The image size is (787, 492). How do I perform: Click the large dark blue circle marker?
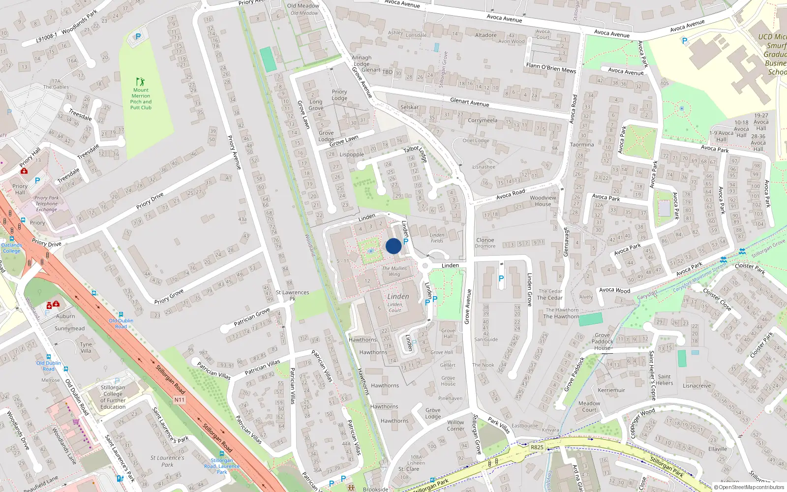393,246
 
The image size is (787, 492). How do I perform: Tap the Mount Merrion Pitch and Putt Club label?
141,99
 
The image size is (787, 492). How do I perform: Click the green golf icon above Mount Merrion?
141,82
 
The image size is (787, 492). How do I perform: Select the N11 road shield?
180,400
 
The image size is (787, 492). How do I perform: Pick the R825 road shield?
537,447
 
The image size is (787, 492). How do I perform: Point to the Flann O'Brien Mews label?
551,68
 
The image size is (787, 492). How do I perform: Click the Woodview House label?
543,201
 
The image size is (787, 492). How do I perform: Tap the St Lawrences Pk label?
292,295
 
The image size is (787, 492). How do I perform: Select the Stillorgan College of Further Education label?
113,397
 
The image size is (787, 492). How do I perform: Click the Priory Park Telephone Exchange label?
46,204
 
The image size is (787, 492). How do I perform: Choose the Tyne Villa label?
86,347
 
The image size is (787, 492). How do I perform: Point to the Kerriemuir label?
611,390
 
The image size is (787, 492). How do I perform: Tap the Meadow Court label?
589,406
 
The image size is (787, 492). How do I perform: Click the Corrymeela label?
483,120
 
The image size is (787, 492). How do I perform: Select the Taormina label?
582,145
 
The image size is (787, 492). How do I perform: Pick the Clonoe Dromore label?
485,243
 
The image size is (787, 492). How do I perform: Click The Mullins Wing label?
394,271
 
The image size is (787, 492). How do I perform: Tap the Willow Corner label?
455,425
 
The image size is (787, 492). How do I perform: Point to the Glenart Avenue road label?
469,102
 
